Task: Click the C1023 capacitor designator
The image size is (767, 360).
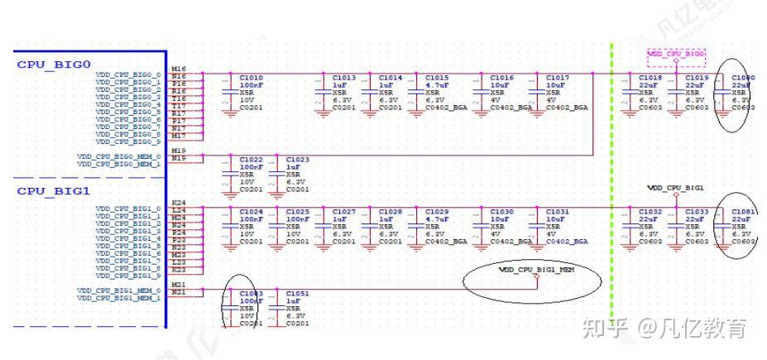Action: [x=297, y=159]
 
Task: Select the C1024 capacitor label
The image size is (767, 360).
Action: [x=251, y=212]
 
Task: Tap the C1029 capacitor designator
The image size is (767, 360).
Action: [x=437, y=212]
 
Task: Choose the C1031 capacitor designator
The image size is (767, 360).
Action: [x=557, y=212]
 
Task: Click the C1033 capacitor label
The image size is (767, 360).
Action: [x=697, y=212]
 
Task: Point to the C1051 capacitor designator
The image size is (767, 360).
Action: [x=297, y=293]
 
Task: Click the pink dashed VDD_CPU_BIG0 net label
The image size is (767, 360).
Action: [x=676, y=54]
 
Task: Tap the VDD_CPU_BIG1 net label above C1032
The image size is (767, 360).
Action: [x=675, y=188]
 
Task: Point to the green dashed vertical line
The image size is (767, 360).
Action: [x=611, y=166]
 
